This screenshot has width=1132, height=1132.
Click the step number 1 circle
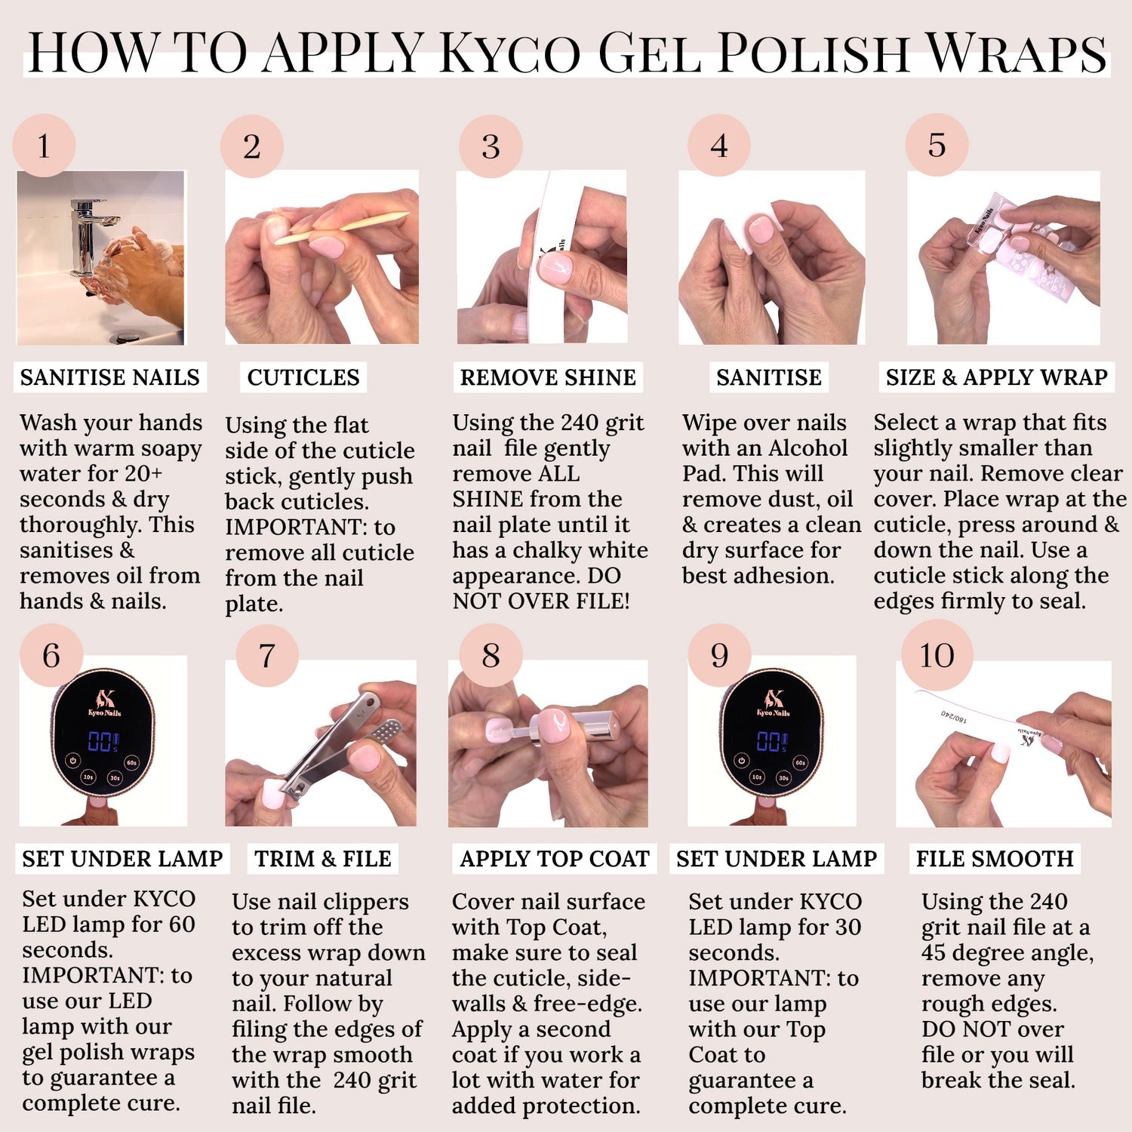point(44,146)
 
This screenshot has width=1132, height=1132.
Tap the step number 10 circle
point(937,655)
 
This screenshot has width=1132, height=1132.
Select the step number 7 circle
point(267,655)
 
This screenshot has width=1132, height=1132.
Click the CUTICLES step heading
point(303,377)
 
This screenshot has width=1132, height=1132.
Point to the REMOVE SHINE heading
point(548,377)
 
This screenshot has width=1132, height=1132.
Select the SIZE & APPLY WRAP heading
point(996,377)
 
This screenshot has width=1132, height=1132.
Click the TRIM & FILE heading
point(323,859)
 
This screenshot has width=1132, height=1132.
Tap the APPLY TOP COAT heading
point(555,859)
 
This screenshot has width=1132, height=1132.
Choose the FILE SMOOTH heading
point(995,859)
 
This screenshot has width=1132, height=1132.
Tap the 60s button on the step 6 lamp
point(132,763)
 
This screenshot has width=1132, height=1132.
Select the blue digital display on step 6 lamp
point(103,741)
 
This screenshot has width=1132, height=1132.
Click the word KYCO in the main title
point(510,53)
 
